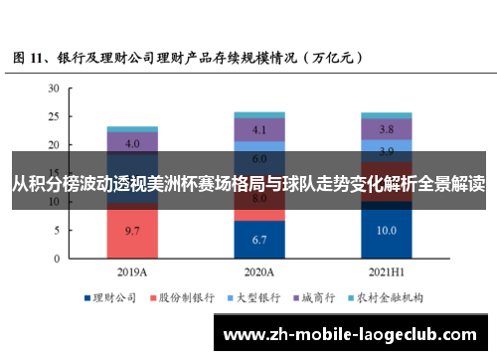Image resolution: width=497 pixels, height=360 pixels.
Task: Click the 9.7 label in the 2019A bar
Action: [132, 230]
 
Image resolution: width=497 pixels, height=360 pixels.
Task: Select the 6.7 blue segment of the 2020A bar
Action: [259, 240]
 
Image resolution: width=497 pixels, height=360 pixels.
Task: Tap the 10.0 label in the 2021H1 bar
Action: [386, 231]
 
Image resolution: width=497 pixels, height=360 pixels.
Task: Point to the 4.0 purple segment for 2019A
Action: [132, 143]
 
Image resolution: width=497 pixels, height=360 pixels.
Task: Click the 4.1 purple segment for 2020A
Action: [259, 130]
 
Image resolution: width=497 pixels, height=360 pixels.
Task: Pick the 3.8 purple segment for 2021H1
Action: [386, 129]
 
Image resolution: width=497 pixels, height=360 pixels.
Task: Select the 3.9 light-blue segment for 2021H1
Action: [386, 149]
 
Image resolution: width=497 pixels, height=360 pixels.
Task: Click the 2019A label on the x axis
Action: [132, 270]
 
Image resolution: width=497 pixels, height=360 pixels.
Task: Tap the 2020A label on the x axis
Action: [259, 270]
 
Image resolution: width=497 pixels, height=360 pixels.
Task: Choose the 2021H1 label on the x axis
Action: [386, 270]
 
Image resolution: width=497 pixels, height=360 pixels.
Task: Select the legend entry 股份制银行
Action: [183, 297]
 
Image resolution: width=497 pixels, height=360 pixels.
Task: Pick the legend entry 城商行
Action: [315, 297]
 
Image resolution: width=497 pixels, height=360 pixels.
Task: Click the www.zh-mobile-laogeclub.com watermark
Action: [352, 333]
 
